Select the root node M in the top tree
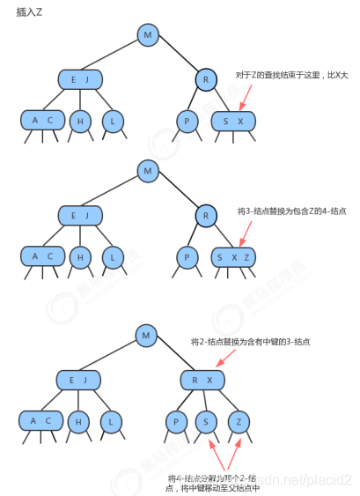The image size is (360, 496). point(149,35)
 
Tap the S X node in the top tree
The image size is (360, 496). point(233,121)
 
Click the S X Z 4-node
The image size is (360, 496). point(233,257)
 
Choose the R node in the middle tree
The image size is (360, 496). point(204,214)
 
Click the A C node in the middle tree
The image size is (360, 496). point(42,256)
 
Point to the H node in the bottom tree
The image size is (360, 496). point(78,422)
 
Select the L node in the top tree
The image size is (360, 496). point(112,121)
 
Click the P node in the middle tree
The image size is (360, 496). point(187,257)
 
